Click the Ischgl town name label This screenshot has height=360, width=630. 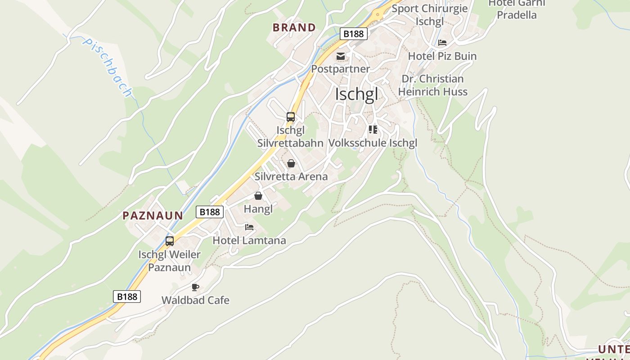coord(356,95)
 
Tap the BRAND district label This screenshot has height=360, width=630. coord(294,27)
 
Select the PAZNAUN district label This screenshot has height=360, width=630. coord(153,216)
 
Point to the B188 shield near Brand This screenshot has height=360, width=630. coord(354,34)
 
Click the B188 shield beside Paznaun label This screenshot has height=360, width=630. coord(210,212)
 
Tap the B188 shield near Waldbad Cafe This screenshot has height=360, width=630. coord(127,297)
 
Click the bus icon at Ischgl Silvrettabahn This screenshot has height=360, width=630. coord(291,117)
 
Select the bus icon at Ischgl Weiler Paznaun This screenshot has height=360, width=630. coord(170,241)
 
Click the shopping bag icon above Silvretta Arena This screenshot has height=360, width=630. coord(291,163)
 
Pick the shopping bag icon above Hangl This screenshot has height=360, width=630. coord(258,196)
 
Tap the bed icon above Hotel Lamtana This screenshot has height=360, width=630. coord(249,227)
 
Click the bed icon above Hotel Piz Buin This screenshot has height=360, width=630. coord(442,43)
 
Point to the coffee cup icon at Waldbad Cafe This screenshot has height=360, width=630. coord(195,287)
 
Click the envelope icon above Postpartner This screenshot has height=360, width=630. coord(341,56)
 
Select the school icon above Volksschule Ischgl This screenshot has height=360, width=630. coord(373,130)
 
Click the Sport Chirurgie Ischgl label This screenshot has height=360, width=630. coord(430,14)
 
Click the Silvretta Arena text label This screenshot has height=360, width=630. coord(291,176)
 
